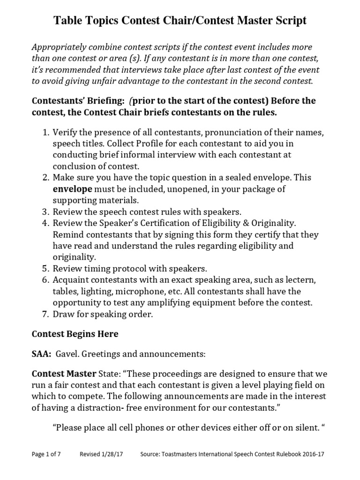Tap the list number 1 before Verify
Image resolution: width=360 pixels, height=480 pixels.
pos(45,133)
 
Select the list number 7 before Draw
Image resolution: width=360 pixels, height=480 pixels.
pos(45,315)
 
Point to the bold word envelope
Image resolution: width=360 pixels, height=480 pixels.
pos(72,189)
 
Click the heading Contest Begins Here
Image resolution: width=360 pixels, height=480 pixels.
pos(75,334)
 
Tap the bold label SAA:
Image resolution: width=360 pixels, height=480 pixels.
pos(41,354)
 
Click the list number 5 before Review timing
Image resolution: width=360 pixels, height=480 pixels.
pos(45,269)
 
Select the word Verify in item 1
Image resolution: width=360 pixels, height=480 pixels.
pos(65,133)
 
